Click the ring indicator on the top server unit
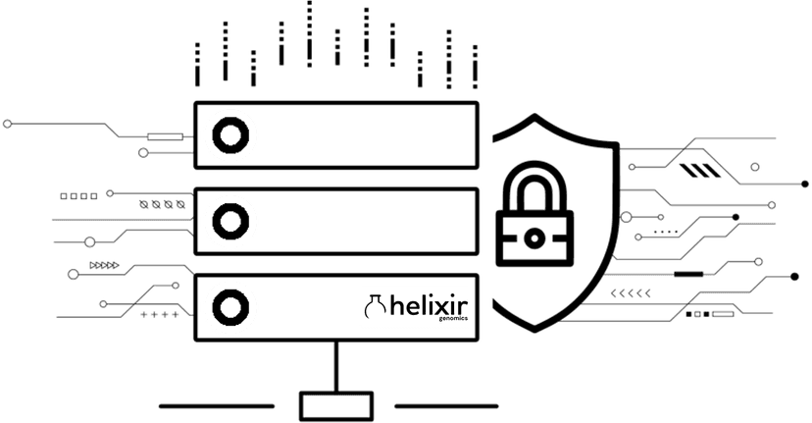pos(228,136)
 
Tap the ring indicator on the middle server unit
pos(228,221)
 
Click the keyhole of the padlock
pos(531,238)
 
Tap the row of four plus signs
pos(160,315)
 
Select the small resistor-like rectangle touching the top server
pos(163,136)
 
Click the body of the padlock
pos(531,238)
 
